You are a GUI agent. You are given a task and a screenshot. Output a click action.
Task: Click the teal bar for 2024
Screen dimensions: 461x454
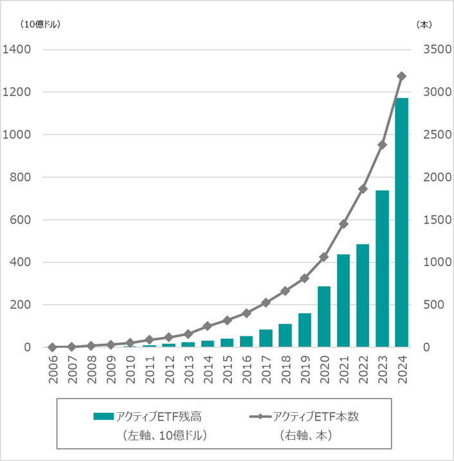[401, 222]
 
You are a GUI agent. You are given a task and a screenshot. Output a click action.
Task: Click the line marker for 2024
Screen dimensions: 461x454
[401, 76]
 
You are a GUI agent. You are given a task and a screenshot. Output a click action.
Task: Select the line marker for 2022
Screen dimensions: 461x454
[363, 189]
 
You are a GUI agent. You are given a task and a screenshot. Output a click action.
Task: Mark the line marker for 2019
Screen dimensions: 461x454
[304, 278]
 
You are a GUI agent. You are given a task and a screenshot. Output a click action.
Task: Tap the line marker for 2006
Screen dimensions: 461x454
[52, 347]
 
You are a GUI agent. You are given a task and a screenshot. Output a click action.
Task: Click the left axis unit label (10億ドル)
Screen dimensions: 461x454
[40, 24]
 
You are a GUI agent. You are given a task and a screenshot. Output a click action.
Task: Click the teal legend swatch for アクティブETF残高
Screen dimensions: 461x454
[103, 417]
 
